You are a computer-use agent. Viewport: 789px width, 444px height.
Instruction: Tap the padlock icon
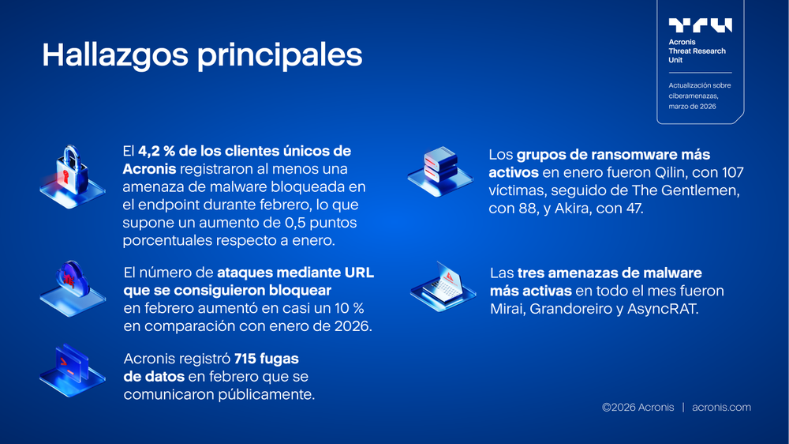(x=72, y=172)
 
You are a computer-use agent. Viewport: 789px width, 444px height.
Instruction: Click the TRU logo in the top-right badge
(x=700, y=26)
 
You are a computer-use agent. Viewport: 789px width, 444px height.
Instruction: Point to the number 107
(x=730, y=172)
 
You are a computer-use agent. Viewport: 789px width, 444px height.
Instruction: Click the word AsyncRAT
(x=663, y=309)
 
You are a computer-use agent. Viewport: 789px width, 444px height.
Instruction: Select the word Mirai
(x=509, y=309)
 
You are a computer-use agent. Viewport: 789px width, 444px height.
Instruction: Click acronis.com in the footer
(x=721, y=408)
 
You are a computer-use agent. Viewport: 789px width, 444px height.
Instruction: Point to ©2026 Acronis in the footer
(x=638, y=408)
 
